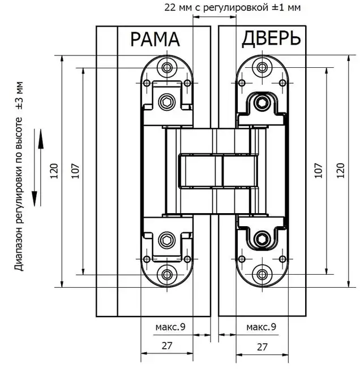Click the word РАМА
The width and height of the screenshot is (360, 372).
155,40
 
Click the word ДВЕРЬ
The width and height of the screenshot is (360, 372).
271,38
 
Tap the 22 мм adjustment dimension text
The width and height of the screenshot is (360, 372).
233,7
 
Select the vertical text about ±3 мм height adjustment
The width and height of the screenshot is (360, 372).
19,176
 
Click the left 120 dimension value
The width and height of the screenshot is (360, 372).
54,171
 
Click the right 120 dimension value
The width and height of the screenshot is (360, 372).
340,171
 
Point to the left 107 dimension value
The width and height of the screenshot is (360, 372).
75,171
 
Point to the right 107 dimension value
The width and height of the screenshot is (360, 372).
319,171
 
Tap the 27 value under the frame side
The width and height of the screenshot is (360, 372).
167,346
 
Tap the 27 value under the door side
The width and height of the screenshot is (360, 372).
262,347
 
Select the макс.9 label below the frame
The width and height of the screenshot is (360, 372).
170,327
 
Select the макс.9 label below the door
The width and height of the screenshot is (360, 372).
261,327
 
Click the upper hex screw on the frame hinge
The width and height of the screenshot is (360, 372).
167,102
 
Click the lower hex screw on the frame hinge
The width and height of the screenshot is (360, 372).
167,240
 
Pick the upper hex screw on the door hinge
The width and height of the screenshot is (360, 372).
262,102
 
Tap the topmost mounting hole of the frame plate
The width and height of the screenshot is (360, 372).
167,68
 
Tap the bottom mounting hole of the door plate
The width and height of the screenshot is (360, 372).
262,275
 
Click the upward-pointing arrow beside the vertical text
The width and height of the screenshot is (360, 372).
41,167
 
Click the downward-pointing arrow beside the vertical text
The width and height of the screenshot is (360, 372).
35,167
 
